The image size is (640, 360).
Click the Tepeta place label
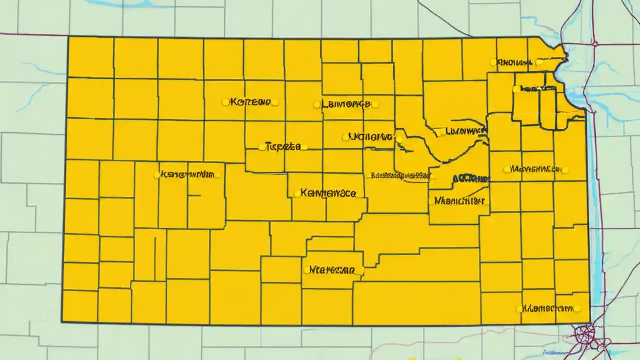click(283, 147)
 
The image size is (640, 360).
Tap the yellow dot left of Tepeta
click(262, 147)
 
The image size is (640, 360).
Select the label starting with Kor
click(249, 102)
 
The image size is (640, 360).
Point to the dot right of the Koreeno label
click(274, 102)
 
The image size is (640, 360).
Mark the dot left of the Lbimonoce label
click(316, 104)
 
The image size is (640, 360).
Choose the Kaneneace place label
click(329, 193)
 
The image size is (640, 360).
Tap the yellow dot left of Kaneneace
click(297, 193)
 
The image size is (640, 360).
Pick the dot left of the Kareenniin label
click(157, 175)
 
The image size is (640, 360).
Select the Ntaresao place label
click(331, 270)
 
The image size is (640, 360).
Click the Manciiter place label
click(459, 201)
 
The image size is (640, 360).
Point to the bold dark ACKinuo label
click(470, 178)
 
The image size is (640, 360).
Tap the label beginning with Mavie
click(536, 169)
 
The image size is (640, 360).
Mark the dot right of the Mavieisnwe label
click(565, 170)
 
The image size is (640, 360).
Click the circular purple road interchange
click(583, 333)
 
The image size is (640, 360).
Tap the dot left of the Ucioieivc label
click(345, 137)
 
